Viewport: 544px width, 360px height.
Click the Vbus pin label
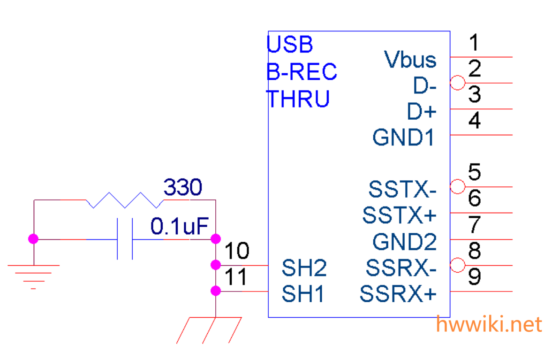pos(410,60)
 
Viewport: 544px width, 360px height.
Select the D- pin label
pos(424,86)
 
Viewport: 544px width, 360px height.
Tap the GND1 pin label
pos(403,138)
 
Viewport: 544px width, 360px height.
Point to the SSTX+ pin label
pos(400,216)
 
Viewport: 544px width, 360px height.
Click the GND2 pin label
pos(404,242)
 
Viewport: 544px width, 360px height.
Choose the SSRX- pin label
pos(401,268)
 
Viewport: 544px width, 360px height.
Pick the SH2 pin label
pos(304,268)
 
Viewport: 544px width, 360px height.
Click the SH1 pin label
pos(302,295)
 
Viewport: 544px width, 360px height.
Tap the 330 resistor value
pos(183,188)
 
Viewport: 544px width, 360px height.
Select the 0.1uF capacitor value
pos(179,227)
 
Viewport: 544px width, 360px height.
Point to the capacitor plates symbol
pos(125,239)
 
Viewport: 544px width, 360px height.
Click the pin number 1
pos(475,43)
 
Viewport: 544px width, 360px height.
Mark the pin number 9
pos(475,277)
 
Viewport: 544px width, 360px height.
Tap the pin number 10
pos(237,252)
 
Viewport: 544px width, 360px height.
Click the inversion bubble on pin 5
pos(457,187)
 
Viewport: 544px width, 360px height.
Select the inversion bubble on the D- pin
pos(457,83)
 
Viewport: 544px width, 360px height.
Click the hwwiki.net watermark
pos(489,324)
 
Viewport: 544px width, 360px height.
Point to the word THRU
pos(298,99)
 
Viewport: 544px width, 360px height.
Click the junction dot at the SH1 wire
pos(216,291)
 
